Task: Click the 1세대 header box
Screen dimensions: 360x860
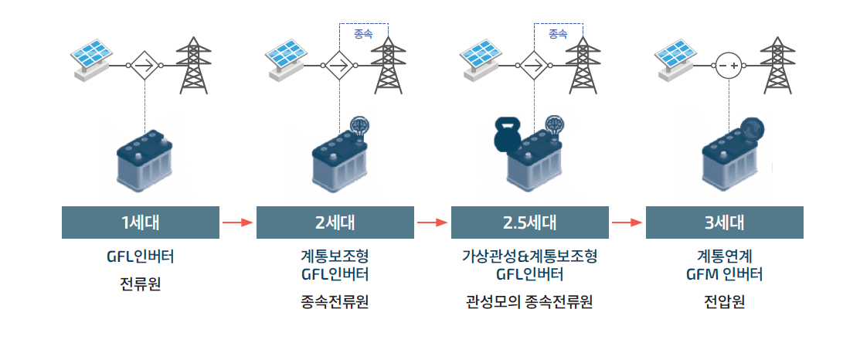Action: click(141, 222)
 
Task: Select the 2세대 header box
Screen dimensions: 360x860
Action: click(335, 222)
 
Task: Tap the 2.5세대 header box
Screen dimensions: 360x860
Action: click(530, 222)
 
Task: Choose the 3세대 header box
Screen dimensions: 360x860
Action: click(725, 222)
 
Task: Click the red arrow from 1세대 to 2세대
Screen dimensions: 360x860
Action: click(237, 222)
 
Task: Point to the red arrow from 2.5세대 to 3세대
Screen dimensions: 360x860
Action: click(627, 222)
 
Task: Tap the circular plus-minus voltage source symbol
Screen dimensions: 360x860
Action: click(729, 66)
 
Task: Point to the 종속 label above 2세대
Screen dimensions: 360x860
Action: click(363, 34)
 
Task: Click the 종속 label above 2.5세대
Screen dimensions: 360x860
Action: click(558, 34)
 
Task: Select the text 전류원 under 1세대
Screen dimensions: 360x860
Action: click(141, 284)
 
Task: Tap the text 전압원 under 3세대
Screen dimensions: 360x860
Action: click(725, 301)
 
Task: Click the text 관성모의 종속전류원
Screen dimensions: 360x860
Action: click(530, 301)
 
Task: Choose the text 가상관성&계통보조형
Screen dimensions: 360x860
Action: click(530, 256)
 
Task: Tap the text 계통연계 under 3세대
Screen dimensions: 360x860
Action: click(725, 256)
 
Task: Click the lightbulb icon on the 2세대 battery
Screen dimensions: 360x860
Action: click(360, 125)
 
